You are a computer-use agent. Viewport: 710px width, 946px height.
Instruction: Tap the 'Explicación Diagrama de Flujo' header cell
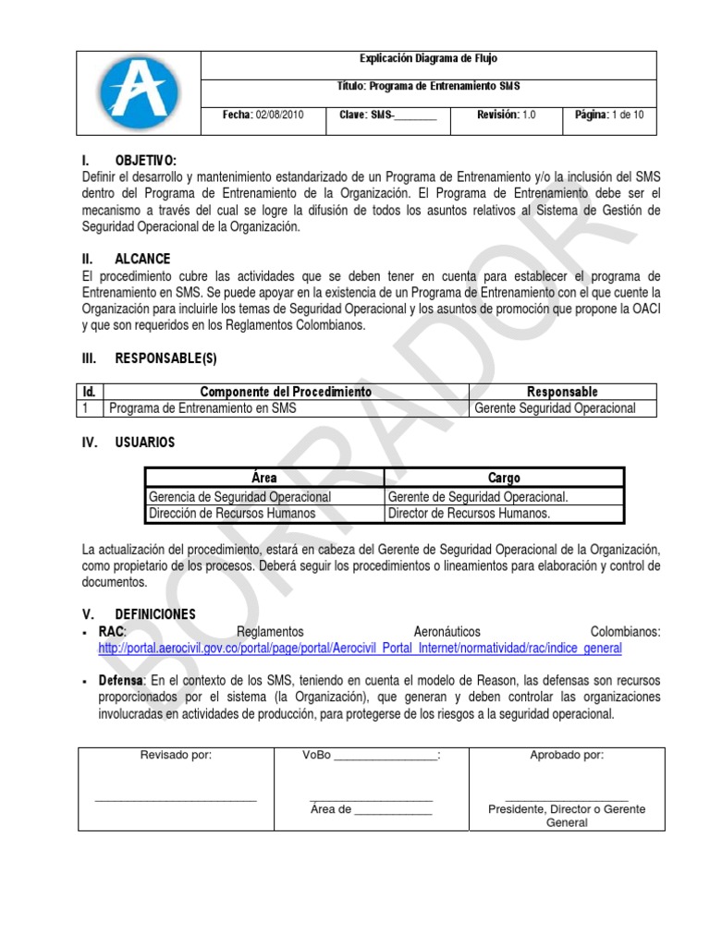click(428, 58)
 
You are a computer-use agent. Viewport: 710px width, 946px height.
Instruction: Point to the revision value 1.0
click(529, 115)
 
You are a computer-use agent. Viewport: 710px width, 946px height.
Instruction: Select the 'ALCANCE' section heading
click(142, 260)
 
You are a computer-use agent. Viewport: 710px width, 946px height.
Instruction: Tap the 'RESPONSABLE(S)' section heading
click(166, 358)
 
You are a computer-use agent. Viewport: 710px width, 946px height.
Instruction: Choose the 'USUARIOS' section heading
click(144, 443)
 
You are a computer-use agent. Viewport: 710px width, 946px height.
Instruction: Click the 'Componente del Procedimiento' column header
click(286, 393)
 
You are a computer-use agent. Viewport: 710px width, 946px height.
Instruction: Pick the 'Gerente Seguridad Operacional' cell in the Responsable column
click(555, 408)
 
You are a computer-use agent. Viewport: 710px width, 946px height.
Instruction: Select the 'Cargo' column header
click(504, 478)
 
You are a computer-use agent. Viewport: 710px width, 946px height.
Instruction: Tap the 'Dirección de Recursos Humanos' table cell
click(232, 513)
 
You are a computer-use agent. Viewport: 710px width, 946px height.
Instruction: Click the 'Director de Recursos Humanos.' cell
click(470, 513)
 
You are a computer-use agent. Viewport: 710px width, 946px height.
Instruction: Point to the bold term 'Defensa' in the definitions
click(121, 681)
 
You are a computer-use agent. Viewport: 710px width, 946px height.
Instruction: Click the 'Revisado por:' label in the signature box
click(176, 755)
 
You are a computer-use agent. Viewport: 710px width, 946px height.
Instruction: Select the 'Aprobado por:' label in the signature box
click(567, 755)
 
